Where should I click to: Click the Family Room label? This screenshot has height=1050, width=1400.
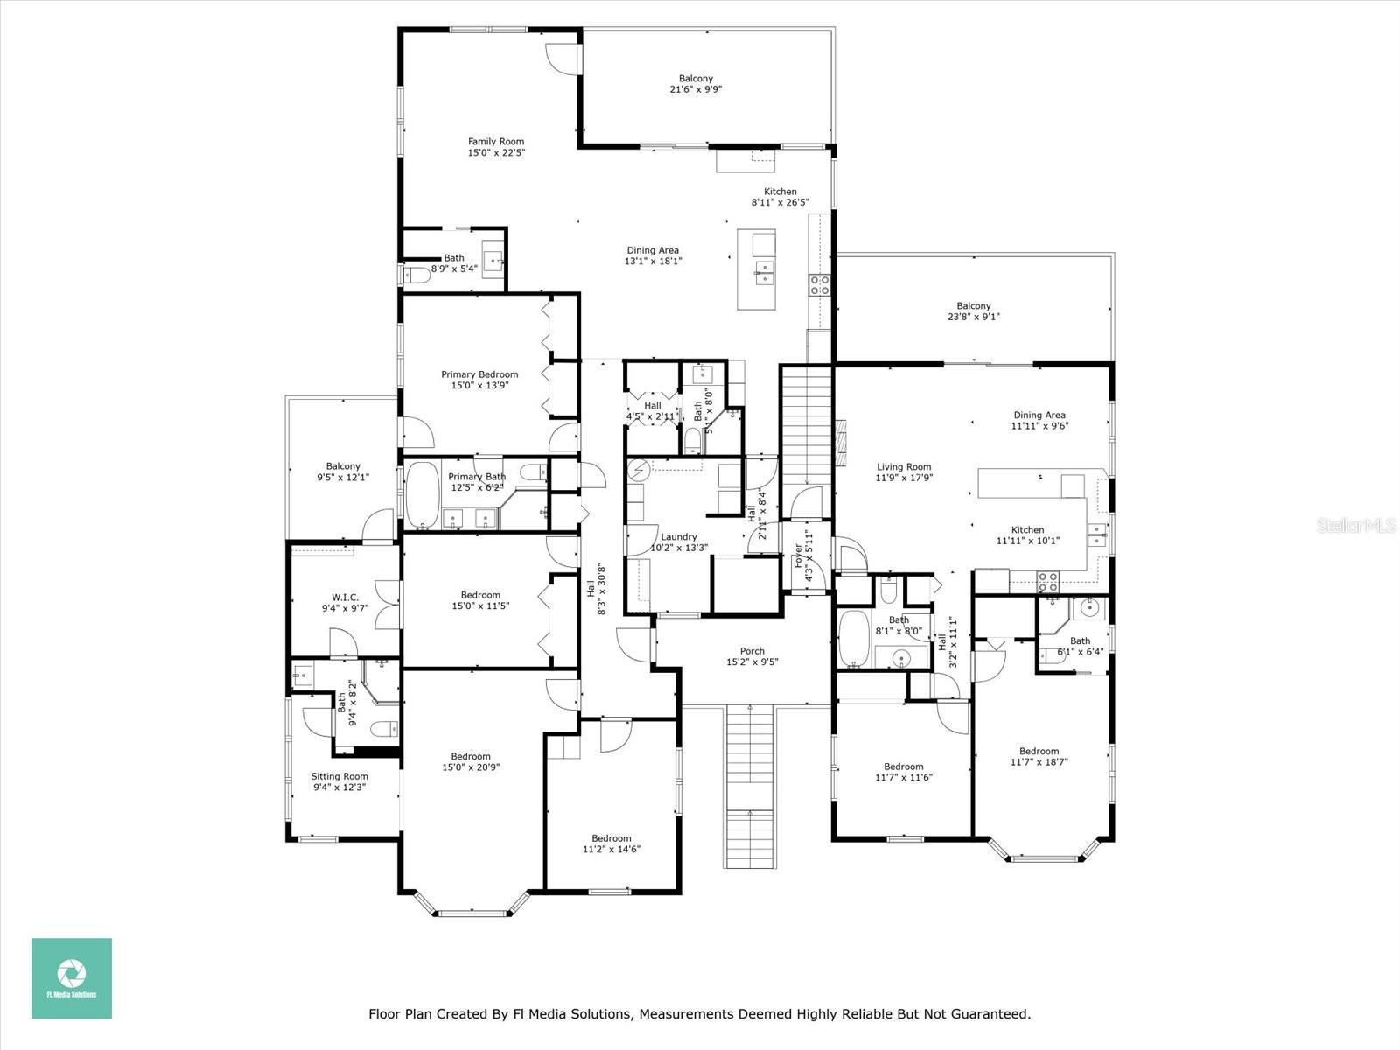(495, 141)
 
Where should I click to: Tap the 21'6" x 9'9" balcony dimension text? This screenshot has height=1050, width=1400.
(696, 89)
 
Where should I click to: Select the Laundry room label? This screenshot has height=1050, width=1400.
(679, 537)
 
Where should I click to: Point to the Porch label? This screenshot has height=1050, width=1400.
(752, 651)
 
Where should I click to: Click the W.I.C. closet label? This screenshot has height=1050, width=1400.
(345, 598)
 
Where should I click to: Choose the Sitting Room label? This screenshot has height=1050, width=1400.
(339, 776)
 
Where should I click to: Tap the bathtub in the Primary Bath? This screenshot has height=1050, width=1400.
(422, 496)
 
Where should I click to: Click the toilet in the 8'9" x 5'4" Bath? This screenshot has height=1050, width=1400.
(416, 275)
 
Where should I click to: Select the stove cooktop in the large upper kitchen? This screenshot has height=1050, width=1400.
(820, 283)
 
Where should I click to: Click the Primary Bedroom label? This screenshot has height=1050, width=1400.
(479, 374)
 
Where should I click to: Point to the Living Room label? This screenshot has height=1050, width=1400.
(904, 467)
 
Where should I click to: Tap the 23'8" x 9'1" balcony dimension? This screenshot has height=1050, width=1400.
(974, 317)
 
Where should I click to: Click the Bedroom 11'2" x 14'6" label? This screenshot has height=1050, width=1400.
(611, 838)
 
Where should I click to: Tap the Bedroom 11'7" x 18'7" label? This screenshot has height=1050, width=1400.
(1039, 751)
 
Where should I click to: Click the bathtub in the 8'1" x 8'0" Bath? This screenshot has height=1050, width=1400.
(852, 639)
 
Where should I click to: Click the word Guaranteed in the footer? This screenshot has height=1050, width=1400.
(990, 1014)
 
